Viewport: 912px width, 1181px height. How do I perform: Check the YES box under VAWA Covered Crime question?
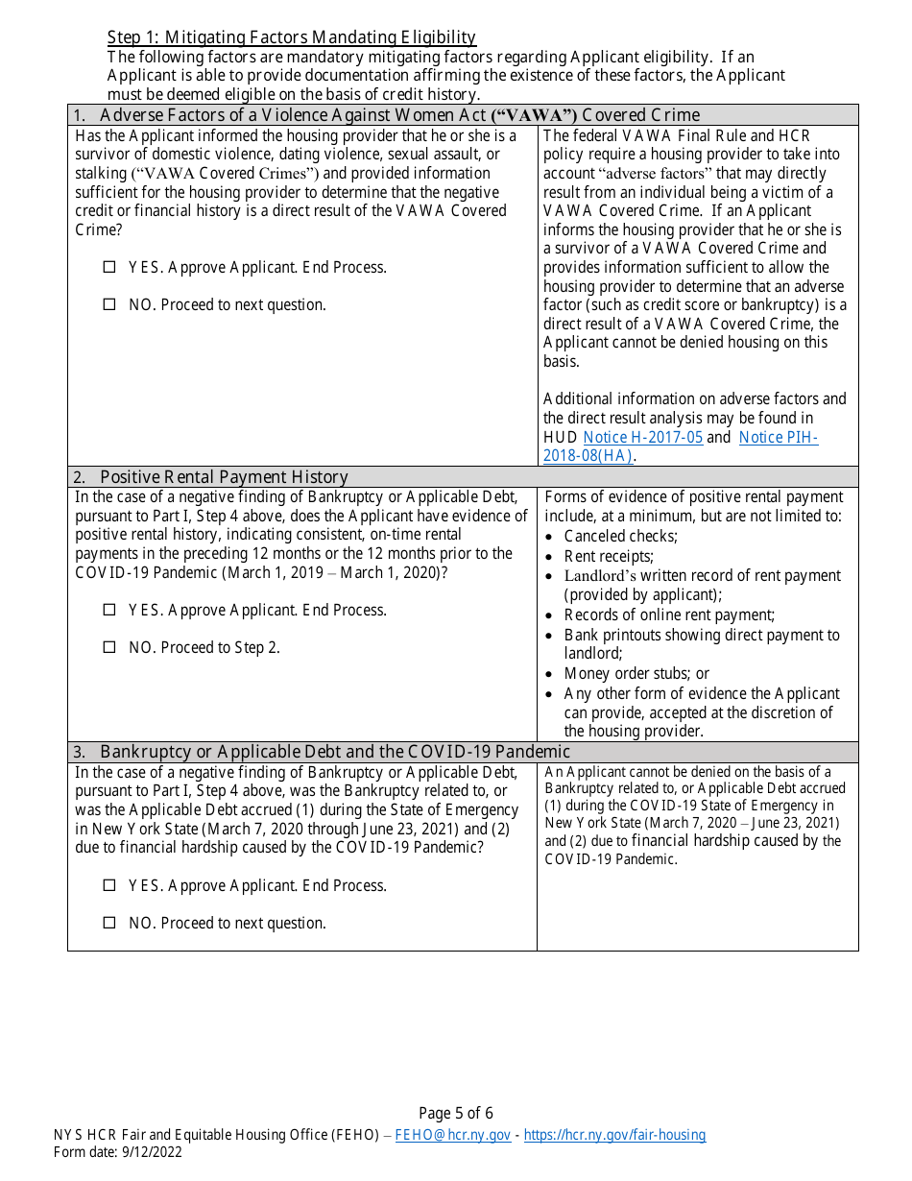pyautogui.click(x=108, y=268)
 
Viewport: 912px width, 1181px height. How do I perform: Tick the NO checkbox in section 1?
pyautogui.click(x=108, y=305)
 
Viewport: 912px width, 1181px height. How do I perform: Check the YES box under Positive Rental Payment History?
pyautogui.click(x=108, y=611)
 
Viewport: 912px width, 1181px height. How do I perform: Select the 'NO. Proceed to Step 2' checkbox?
pyautogui.click(x=108, y=648)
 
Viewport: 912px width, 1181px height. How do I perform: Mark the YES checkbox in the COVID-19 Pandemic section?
pyautogui.click(x=108, y=886)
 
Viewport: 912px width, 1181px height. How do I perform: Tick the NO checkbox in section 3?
pyautogui.click(x=108, y=924)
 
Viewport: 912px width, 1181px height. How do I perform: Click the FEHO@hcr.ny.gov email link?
pyautogui.click(x=453, y=1135)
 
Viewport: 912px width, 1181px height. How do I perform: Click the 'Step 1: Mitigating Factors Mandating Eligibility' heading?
pyautogui.click(x=292, y=37)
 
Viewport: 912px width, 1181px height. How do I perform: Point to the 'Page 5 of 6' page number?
pyautogui.click(x=456, y=1114)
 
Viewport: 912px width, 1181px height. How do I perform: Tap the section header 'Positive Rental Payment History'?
pyautogui.click(x=224, y=477)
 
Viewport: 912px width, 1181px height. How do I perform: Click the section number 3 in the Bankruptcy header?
pyautogui.click(x=80, y=752)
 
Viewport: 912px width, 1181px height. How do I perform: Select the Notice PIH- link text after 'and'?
pyautogui.click(x=779, y=438)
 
